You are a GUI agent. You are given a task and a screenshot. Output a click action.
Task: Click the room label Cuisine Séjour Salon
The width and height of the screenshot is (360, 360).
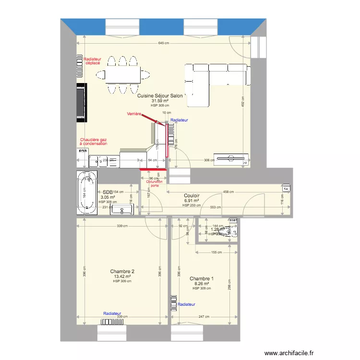[x=160, y=96]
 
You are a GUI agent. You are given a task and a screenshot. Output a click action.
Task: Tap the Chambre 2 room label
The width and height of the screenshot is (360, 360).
[x=122, y=272]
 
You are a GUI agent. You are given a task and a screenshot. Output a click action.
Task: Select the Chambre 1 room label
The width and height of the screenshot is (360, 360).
[x=202, y=278]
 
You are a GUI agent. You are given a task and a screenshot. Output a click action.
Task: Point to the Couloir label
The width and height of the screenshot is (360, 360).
[x=192, y=195]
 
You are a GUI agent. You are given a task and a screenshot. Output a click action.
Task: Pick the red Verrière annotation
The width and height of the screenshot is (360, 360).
[x=134, y=114]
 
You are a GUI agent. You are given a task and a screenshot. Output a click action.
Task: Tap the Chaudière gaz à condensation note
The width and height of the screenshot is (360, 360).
[x=93, y=142]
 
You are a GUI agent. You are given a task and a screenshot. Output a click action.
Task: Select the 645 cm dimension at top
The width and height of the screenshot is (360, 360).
[x=164, y=43]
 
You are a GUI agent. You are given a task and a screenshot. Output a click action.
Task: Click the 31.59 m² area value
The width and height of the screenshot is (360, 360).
[x=160, y=101]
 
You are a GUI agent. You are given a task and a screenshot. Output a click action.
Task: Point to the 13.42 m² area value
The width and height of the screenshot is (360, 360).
[x=122, y=276]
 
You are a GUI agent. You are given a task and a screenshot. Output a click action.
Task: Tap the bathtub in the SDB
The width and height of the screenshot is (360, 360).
[x=86, y=192]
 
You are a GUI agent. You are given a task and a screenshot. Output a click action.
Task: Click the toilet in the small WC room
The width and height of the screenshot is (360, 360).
[x=232, y=231]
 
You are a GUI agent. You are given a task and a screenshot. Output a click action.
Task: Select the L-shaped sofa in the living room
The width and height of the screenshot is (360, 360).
[x=216, y=82]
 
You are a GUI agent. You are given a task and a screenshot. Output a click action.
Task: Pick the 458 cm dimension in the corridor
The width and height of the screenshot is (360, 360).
[x=228, y=192]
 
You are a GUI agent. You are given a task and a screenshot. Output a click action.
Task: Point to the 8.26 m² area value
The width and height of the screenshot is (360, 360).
[x=202, y=284]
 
